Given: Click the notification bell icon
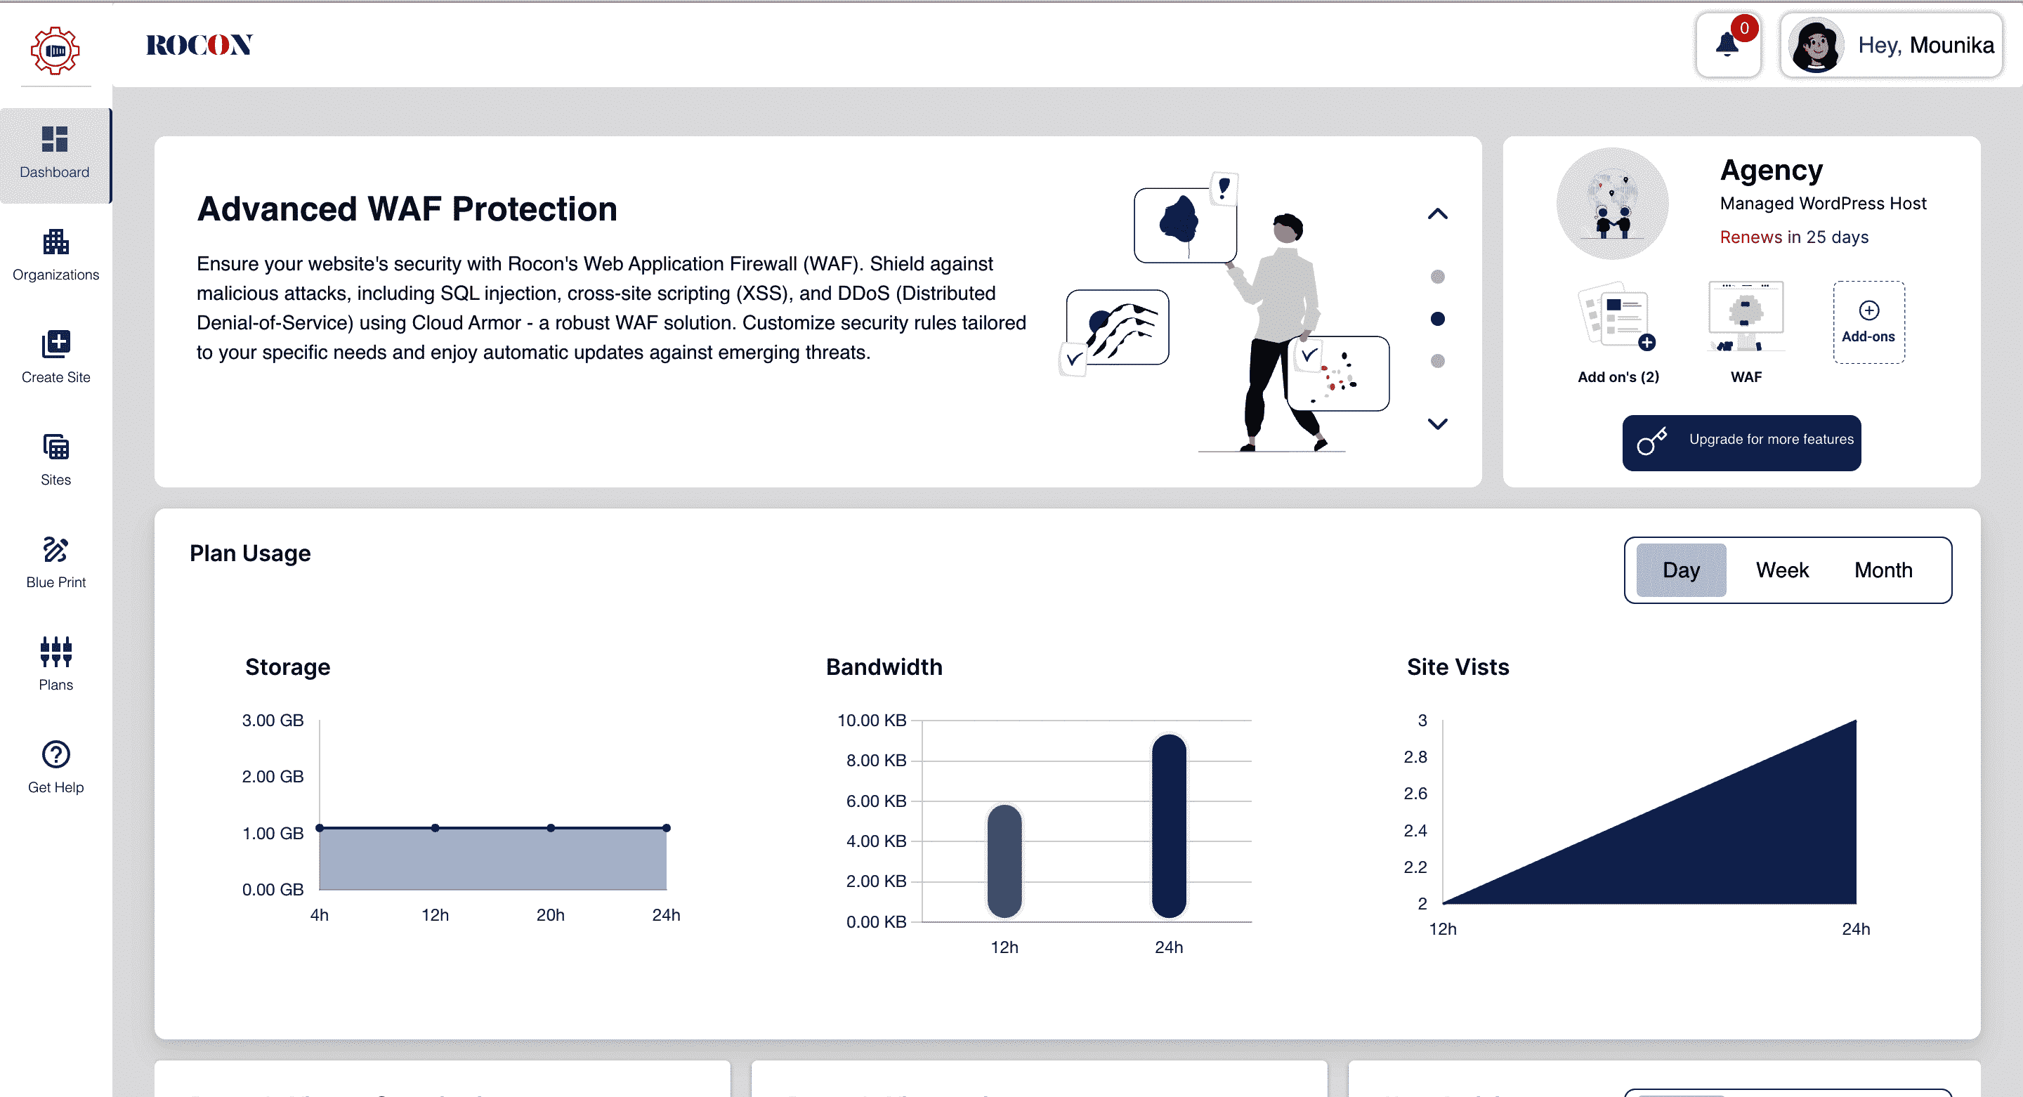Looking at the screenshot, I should click(1727, 45).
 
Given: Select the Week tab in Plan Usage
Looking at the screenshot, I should click(1782, 570).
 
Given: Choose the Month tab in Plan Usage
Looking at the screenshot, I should click(1883, 570).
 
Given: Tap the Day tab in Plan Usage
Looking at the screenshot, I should click(1681, 570).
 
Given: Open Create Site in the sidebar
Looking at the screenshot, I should click(55, 357).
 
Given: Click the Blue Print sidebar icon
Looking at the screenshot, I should click(55, 550).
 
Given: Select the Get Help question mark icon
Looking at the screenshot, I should click(55, 755).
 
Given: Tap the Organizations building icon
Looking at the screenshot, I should click(55, 242).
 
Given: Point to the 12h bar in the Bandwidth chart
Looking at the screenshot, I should click(1004, 860).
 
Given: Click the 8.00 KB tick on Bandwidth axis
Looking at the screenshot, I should click(876, 760).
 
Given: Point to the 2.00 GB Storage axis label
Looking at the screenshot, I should click(273, 777).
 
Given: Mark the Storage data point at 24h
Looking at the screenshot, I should click(666, 827).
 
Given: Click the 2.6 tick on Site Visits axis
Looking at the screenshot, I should click(1415, 794).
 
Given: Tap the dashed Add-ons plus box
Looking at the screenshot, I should click(1868, 322).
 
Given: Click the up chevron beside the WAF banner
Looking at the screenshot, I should click(1437, 214).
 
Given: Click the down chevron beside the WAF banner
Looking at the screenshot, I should click(1437, 424).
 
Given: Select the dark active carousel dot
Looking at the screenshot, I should click(1437, 319).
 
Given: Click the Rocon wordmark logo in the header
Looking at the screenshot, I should click(199, 46).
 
